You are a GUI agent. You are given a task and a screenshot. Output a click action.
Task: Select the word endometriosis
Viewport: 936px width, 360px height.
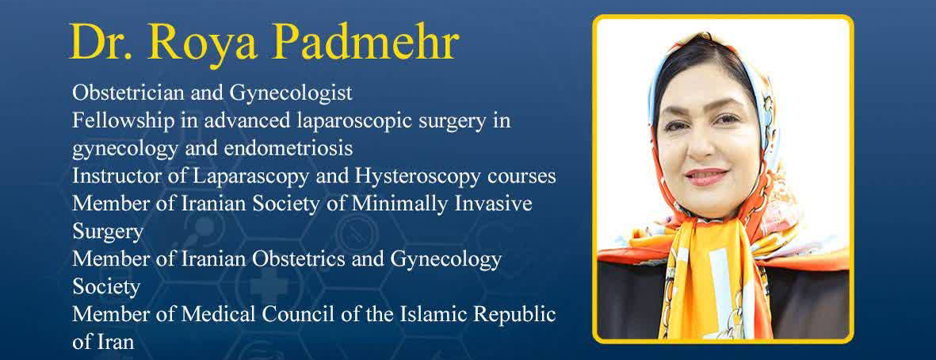(x=288, y=148)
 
